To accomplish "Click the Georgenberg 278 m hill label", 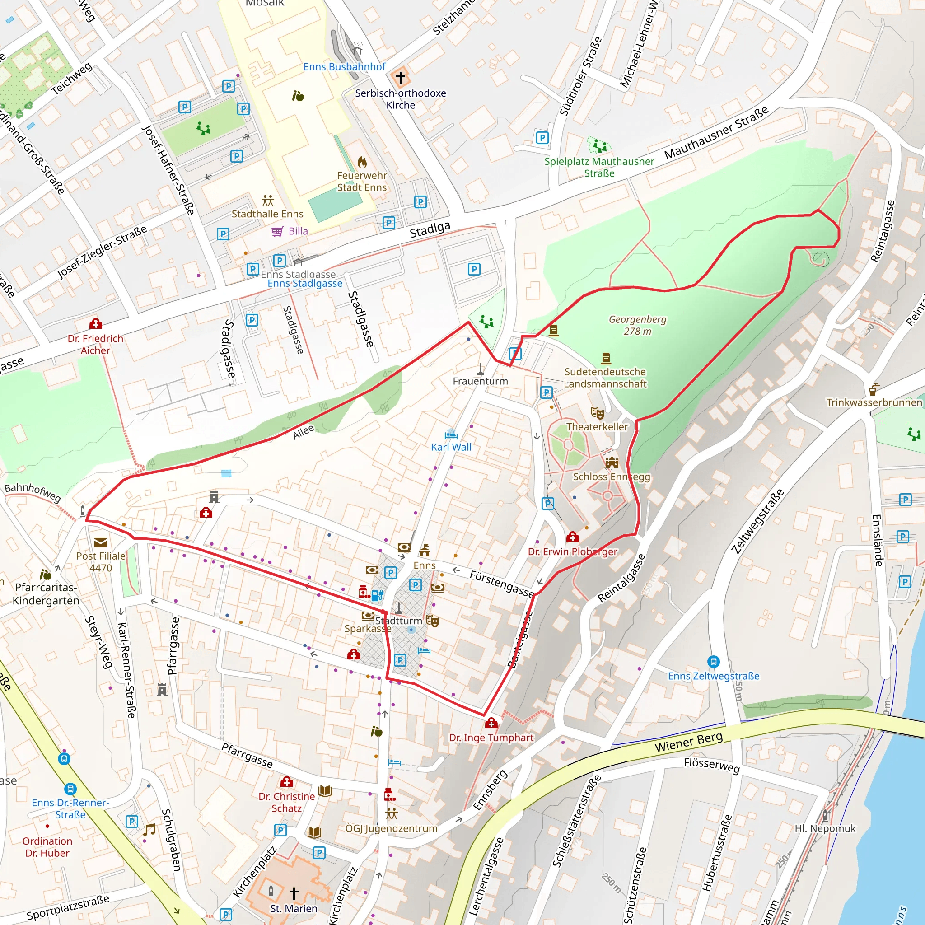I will [637, 325].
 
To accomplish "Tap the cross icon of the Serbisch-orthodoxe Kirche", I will [400, 77].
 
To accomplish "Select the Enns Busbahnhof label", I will [344, 66].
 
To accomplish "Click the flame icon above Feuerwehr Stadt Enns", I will [362, 162].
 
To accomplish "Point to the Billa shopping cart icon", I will [277, 231].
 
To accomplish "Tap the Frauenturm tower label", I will [480, 381].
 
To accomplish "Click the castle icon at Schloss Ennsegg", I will [612, 462].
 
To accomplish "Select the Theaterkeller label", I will [597, 426].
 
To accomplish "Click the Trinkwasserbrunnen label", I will [874, 402].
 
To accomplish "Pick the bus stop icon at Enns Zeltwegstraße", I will [713, 661].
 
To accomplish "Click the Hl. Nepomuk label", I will [825, 828].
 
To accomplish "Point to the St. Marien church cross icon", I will [294, 892].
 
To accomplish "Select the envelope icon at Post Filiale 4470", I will [101, 542].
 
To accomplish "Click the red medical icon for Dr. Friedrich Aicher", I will [96, 324].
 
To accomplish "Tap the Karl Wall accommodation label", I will [451, 447].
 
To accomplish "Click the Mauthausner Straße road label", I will [716, 132].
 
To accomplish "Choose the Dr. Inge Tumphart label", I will [491, 738].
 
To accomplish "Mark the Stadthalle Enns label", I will [267, 214].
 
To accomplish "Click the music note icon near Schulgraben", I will [149, 829].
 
